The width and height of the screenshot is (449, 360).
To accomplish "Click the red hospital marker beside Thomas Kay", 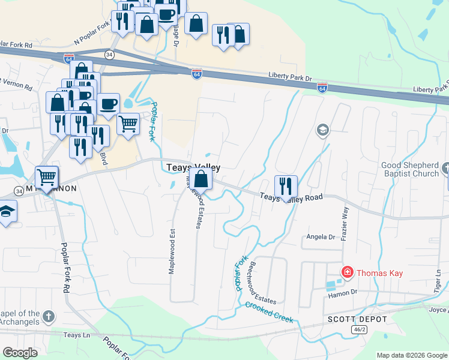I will (347, 273).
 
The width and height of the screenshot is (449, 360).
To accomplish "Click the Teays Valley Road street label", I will (291, 197).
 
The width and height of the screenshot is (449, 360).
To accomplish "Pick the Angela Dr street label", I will (321, 237).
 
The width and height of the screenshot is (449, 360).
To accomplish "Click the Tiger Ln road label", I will (438, 281).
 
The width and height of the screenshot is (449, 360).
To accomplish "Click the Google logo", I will (20, 353).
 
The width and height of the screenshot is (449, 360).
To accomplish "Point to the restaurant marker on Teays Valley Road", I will (286, 186).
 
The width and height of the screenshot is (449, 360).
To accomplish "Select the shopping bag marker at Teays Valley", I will (202, 179).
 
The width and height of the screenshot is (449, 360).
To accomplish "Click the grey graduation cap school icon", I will (323, 130).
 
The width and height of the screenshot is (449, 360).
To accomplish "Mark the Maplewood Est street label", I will (172, 250).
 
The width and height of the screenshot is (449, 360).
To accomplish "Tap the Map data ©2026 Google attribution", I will (412, 355).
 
